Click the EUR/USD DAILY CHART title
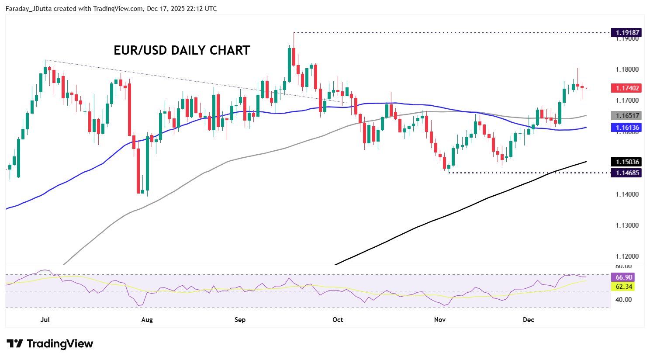click(182, 50)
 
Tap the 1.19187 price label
click(628, 32)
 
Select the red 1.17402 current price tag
click(628, 88)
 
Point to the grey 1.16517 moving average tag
click(628, 116)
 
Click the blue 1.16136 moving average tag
click(628, 128)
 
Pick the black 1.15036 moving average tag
click(628, 162)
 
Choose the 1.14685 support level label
click(628, 173)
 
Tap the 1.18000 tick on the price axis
click(627, 69)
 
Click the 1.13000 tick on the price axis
click(627, 225)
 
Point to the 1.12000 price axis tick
click(627, 256)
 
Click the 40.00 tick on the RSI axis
click(624, 300)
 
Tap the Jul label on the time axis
click(45, 320)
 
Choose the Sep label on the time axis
click(240, 320)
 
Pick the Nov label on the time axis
click(440, 320)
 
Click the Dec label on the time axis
click(529, 320)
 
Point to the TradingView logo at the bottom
click(50, 344)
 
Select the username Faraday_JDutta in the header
click(28, 9)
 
